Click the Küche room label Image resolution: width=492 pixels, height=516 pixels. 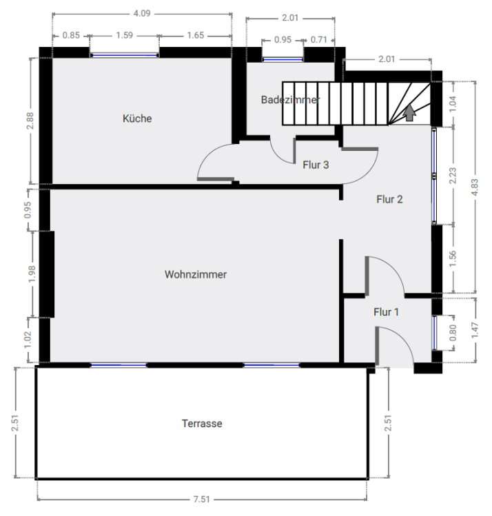(137, 118)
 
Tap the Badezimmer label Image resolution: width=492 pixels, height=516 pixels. (290, 100)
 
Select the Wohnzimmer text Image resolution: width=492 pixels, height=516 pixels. (196, 274)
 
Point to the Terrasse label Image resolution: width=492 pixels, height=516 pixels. (202, 424)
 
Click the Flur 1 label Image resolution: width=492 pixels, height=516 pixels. (386, 312)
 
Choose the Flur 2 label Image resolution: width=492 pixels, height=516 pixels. (389, 200)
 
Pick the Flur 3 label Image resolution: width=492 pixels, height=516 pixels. (316, 165)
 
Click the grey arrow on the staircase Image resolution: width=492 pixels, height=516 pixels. (409, 112)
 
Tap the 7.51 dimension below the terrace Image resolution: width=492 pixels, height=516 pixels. (202, 499)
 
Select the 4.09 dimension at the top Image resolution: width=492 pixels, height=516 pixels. (141, 12)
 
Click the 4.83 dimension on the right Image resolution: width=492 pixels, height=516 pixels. (475, 188)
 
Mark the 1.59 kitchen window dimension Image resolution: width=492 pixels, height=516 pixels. (125, 35)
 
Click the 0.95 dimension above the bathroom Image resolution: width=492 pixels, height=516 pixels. (283, 40)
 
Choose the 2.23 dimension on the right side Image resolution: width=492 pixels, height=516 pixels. (453, 176)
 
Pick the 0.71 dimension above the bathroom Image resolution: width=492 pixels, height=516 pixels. (318, 40)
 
